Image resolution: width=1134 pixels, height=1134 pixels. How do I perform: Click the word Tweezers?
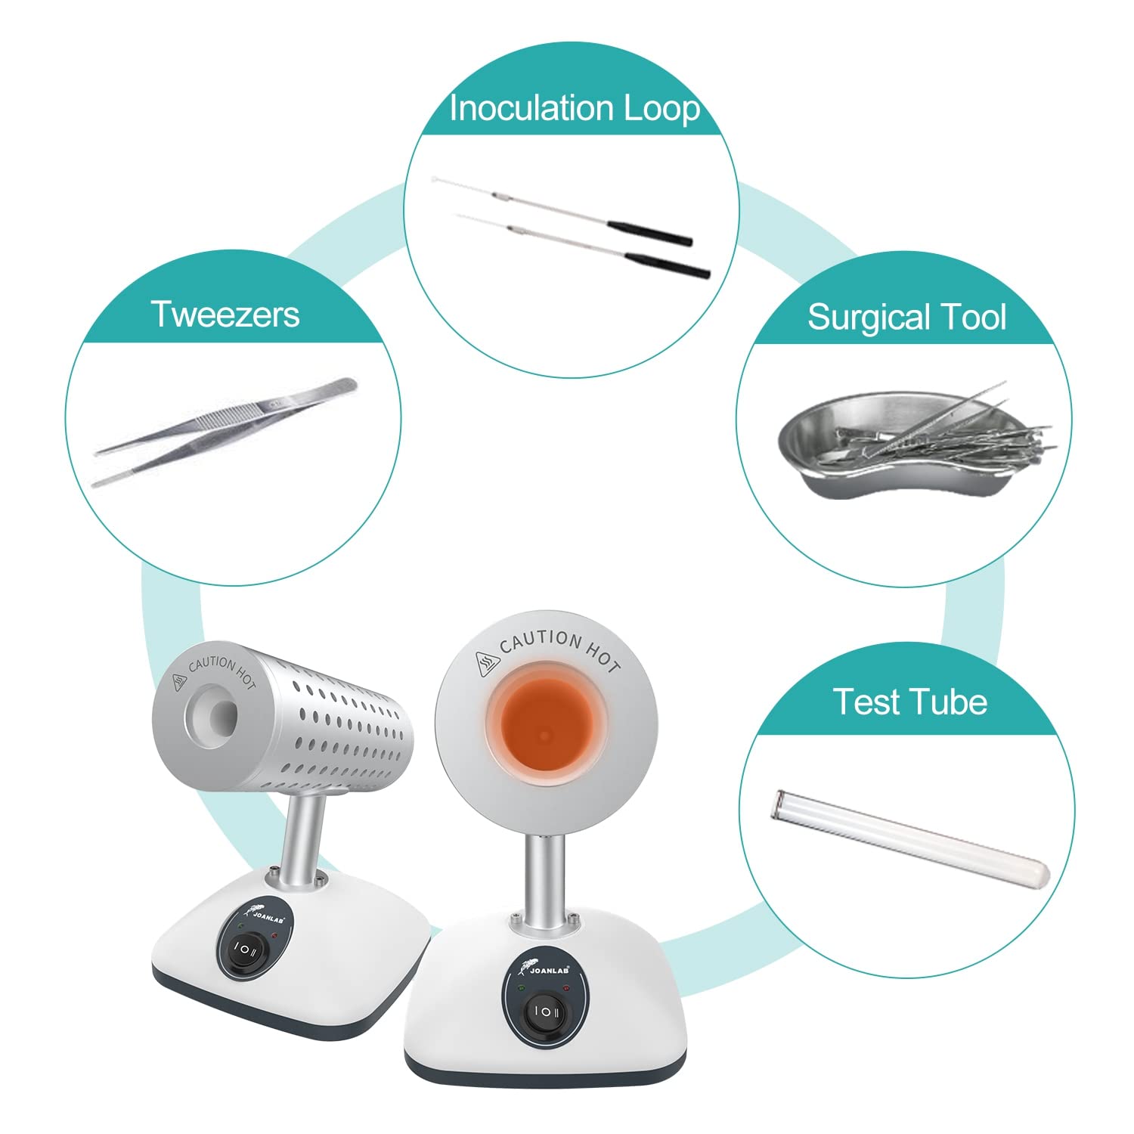[x=225, y=314]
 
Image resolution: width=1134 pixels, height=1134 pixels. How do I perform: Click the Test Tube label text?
[x=910, y=702]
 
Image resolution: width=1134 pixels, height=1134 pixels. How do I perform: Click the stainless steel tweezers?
[x=225, y=432]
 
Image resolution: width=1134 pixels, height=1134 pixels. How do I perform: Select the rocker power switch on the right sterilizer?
[x=546, y=1011]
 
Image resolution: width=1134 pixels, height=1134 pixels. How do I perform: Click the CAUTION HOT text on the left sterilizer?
[x=222, y=671]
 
